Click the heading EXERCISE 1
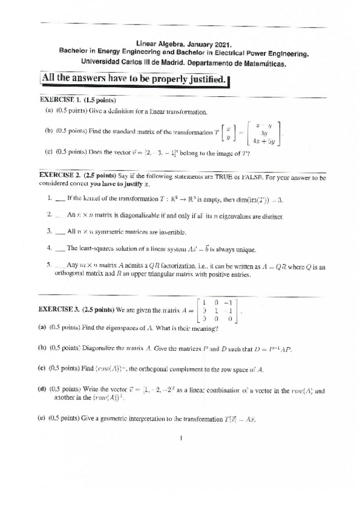59,99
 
